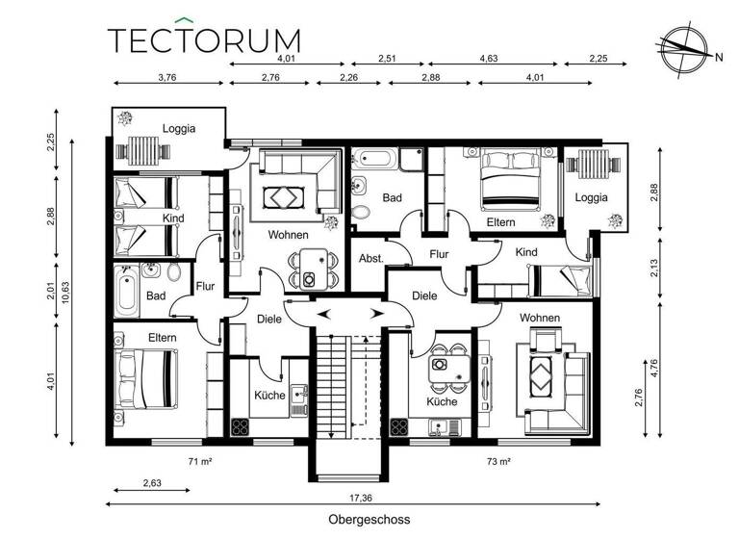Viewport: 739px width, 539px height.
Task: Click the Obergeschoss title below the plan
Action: click(x=369, y=519)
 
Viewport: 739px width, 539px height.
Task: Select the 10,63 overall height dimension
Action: click(x=64, y=292)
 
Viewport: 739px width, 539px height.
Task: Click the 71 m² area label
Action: click(x=200, y=462)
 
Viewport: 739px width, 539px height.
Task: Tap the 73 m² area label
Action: click(x=497, y=462)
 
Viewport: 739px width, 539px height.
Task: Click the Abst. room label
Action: click(x=371, y=259)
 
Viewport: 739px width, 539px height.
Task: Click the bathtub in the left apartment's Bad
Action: click(x=126, y=290)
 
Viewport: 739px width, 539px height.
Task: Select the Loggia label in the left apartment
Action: click(x=179, y=128)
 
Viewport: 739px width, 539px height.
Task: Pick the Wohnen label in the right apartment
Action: click(x=540, y=318)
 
